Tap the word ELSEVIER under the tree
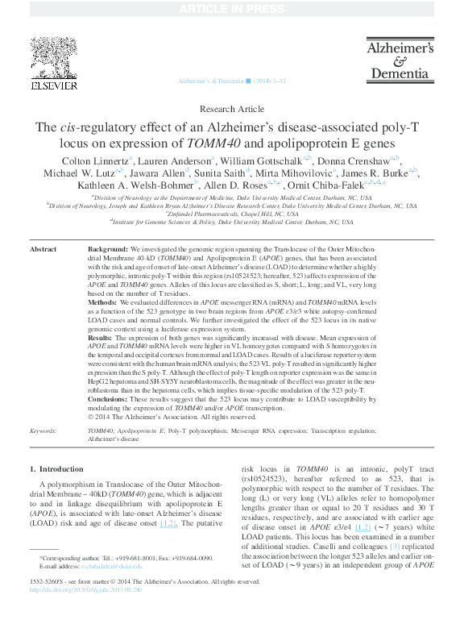(x=53, y=85)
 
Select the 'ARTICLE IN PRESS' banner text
(x=231, y=8)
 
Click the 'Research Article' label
(x=231, y=109)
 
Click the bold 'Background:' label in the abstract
(x=107, y=250)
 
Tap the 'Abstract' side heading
(x=43, y=250)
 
